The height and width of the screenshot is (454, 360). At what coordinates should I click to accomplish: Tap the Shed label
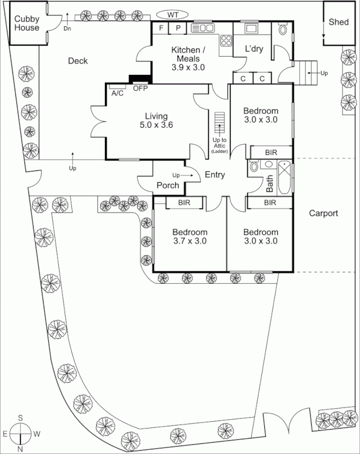coord(339,22)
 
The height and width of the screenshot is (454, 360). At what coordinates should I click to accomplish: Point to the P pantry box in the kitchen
coord(177,28)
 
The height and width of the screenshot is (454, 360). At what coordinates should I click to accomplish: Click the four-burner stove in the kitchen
coord(226,40)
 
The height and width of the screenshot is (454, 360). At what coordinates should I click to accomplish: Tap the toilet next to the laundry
coord(283,29)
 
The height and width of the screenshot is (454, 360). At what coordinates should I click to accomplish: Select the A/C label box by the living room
coord(118,93)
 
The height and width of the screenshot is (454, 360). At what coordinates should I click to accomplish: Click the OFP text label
coord(140,89)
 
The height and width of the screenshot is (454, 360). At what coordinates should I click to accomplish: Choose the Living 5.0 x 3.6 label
coord(155,120)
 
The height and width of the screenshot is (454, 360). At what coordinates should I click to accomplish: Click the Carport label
coord(324,213)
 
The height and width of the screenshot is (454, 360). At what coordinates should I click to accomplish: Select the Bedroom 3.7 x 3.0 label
coord(190,236)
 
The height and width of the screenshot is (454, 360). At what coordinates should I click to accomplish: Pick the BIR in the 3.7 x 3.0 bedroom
coord(184,202)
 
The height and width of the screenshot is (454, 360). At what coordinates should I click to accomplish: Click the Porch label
coord(168,185)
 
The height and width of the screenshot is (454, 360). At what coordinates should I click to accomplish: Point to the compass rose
coord(20,434)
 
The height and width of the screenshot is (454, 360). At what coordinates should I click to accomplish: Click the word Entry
coord(215,175)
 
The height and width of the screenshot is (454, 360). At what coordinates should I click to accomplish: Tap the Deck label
coord(78,61)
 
